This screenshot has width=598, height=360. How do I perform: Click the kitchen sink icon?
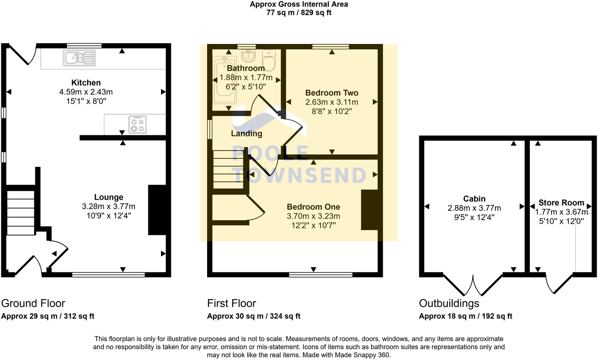click(x=79, y=58)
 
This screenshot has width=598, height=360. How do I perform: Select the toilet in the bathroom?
click(x=269, y=60)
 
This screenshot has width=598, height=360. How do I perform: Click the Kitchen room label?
click(x=86, y=83)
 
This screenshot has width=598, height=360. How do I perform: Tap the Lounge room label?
click(x=109, y=197)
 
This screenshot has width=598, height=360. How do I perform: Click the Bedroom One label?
click(x=313, y=207)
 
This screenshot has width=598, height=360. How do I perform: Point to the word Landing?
click(x=246, y=134)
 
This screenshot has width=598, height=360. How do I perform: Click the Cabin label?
click(x=474, y=199)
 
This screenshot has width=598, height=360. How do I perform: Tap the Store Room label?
click(x=561, y=203)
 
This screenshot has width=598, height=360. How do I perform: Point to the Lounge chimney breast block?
click(x=157, y=210)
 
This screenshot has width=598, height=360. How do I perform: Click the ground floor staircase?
click(x=20, y=212)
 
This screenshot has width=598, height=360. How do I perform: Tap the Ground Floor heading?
click(x=33, y=303)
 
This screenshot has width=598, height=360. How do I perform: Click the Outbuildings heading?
click(x=449, y=303)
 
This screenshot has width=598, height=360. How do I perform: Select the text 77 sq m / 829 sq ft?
click(x=299, y=13)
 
